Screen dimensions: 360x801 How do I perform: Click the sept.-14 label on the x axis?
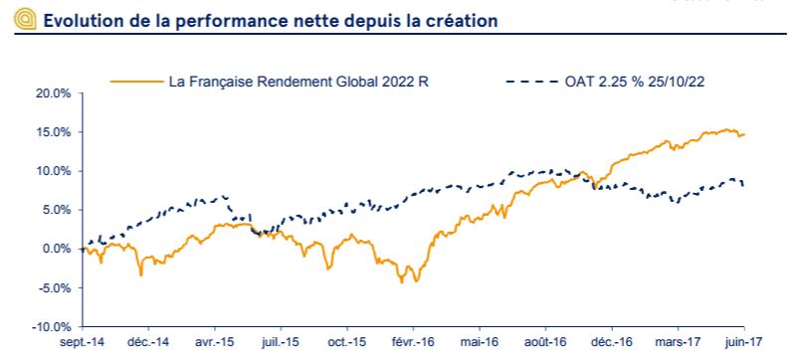pyautogui.click(x=81, y=344)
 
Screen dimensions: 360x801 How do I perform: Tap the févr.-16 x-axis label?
pyautogui.click(x=412, y=344)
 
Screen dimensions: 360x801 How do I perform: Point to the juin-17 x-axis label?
pyautogui.click(x=743, y=344)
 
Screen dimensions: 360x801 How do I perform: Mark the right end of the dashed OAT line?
pyautogui.click(x=743, y=185)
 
